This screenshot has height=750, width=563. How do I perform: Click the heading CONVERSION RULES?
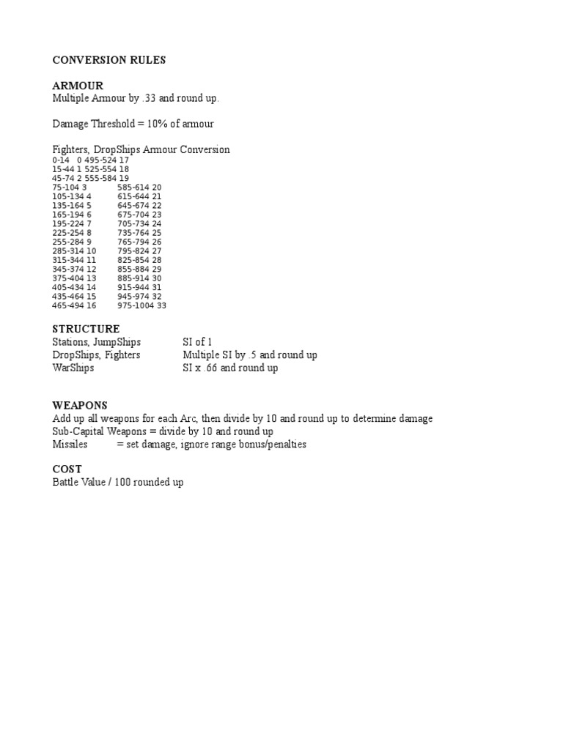tap(108, 60)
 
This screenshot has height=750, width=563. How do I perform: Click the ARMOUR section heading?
tap(78, 86)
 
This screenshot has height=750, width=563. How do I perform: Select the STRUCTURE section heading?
tap(86, 329)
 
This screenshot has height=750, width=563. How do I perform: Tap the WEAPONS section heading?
tap(80, 405)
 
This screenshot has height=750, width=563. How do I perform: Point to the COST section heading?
tap(67, 469)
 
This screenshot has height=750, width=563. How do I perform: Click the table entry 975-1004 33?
tap(141, 305)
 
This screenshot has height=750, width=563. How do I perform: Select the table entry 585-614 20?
tap(139, 187)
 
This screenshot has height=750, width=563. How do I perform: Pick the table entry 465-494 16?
tap(74, 305)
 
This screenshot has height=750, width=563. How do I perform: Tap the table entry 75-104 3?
tap(70, 187)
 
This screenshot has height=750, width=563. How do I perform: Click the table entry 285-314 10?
tap(74, 250)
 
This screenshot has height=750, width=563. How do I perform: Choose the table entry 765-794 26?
tap(139, 242)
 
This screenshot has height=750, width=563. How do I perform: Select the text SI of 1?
tap(197, 342)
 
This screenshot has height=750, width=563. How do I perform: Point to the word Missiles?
tap(70, 445)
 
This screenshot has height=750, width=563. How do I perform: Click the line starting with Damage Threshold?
tap(133, 124)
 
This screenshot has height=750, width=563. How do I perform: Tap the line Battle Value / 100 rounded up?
tap(117, 483)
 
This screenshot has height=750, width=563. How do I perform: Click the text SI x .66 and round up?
tap(230, 368)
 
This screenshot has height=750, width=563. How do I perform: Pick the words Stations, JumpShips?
tap(96, 342)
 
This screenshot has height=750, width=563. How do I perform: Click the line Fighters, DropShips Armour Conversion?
tap(141, 149)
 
